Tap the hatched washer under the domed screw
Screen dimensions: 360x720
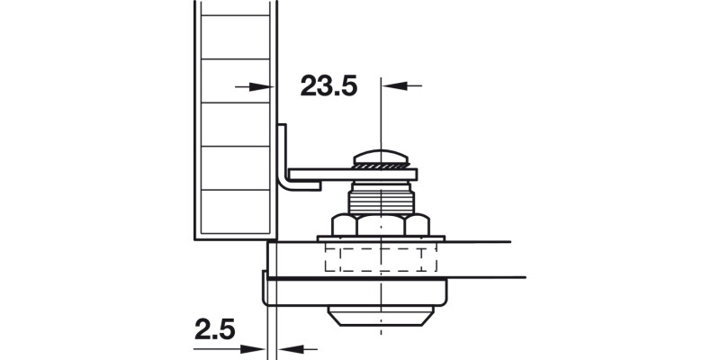[x=382, y=166]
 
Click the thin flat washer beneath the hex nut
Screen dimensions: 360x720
[x=382, y=238]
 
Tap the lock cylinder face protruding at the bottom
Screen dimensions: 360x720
[x=382, y=317]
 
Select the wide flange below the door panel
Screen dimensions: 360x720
[x=360, y=292]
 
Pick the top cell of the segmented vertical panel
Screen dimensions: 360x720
[x=234, y=27]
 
